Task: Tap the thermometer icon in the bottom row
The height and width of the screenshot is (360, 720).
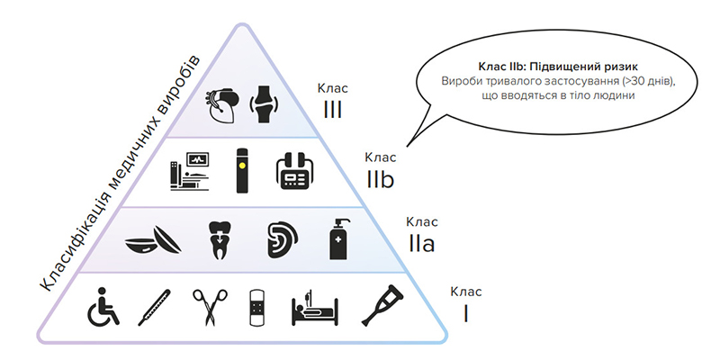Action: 154,308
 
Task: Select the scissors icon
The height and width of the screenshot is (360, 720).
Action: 207,308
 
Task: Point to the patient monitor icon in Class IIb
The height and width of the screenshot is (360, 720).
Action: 189,170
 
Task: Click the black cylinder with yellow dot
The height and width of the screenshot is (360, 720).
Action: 241,170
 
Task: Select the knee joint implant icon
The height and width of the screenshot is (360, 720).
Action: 264,104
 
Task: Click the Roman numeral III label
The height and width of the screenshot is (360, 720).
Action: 332,109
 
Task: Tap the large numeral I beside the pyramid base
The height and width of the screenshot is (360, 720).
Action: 465,312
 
